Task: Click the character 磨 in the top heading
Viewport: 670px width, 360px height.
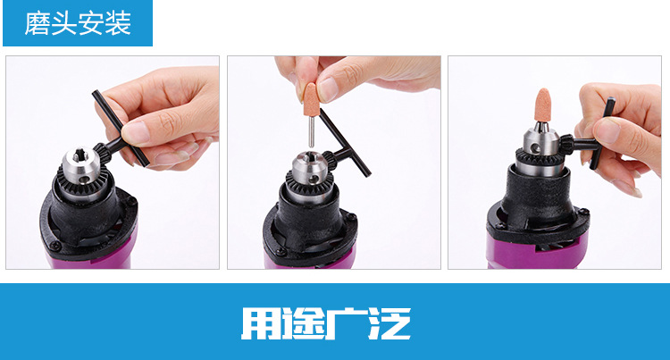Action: coord(38,23)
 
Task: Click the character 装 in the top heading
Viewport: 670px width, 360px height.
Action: coord(118,23)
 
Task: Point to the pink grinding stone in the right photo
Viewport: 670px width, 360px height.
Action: coord(543,105)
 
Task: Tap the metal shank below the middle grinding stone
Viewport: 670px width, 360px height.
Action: coord(312,132)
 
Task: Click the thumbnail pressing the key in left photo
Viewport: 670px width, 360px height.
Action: coord(137,132)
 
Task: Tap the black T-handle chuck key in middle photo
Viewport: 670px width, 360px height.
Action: coord(345,146)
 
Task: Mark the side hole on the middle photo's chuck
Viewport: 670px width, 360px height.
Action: coord(315,179)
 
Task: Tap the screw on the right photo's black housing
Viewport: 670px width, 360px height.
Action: coord(582,211)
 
